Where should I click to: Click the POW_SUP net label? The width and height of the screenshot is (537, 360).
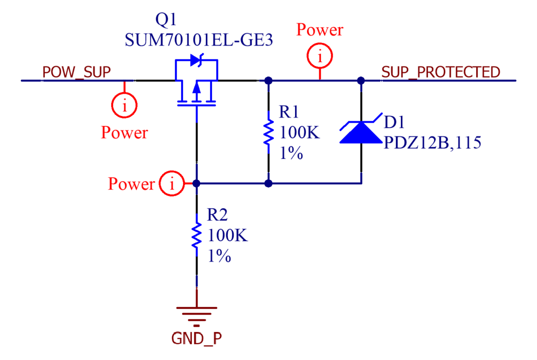coord(77,72)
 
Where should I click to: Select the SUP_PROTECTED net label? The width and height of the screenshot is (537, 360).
coord(440,72)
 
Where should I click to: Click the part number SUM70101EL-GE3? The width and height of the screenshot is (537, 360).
coord(198,40)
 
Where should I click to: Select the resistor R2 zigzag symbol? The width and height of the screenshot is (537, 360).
coord(197,236)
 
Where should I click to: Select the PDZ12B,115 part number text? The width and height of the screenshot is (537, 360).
coord(433,144)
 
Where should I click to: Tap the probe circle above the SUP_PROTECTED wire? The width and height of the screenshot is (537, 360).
coord(320,57)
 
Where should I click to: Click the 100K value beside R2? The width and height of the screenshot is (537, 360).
coord(228,236)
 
